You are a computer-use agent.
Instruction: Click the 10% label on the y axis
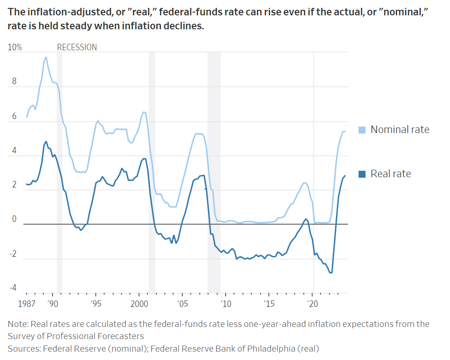point(14,47)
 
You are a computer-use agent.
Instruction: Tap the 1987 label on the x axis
point(27,303)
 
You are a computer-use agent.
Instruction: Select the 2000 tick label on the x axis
point(139,303)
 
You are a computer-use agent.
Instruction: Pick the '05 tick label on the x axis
point(182,303)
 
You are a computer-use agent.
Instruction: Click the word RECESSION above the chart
point(77,47)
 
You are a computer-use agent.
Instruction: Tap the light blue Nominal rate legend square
point(362,130)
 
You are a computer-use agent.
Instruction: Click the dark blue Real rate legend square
point(362,174)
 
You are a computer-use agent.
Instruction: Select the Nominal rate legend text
point(400,130)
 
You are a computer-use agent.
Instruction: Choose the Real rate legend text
point(390,174)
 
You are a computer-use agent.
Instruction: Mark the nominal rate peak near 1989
point(46,57)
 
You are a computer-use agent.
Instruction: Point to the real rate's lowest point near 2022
point(331,273)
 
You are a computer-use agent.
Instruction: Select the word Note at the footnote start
point(17,324)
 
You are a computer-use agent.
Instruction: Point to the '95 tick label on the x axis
point(95,303)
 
